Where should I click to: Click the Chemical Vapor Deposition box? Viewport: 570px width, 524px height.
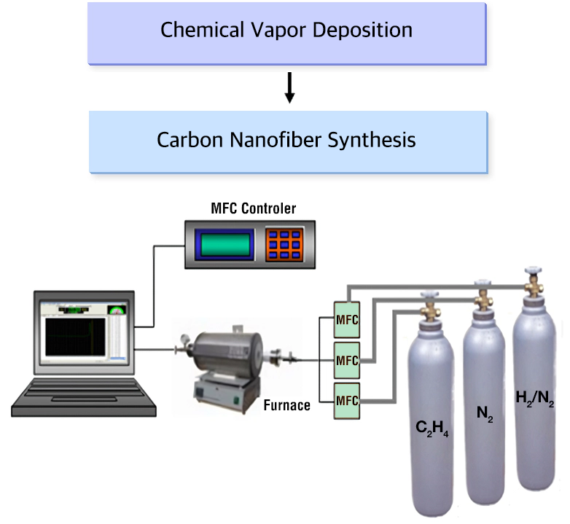pos(286,34)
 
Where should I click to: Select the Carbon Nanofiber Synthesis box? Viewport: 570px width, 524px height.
pos(288,142)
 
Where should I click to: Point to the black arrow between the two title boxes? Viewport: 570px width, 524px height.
pos(289,87)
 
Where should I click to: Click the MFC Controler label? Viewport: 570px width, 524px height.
pos(254,208)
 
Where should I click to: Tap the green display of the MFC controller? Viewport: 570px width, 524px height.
pos(225,245)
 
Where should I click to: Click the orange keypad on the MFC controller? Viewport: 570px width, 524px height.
pos(284,245)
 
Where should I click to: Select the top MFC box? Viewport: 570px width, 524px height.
pos(347,320)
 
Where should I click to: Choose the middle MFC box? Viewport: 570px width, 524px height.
pos(347,361)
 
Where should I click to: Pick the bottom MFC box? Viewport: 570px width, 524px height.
pos(347,401)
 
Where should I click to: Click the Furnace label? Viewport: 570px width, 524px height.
pos(286,405)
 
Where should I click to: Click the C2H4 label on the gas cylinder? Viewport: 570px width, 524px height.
pos(432,429)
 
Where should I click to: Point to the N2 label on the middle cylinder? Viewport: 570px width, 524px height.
pos(485,413)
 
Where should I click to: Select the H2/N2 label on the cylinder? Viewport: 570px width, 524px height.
pos(535,399)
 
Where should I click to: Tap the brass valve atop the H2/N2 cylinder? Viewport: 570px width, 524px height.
pos(534,284)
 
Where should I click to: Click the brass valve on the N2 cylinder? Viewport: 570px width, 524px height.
pos(483,298)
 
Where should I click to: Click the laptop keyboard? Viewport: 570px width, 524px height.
pos(84,394)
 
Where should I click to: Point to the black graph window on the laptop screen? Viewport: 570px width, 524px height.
pos(75,337)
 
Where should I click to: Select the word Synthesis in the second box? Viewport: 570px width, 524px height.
pos(372,140)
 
